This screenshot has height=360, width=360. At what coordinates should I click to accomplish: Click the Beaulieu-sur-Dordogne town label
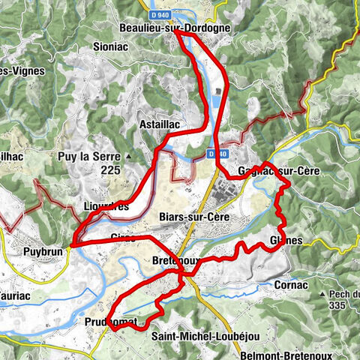(174, 28)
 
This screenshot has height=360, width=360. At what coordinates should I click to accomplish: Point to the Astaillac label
(161, 123)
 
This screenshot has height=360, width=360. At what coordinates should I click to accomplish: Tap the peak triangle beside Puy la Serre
(130, 156)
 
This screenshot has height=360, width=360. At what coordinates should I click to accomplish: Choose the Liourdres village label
(107, 205)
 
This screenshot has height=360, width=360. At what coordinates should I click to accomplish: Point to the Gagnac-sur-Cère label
(277, 171)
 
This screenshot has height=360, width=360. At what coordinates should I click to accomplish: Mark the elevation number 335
(340, 306)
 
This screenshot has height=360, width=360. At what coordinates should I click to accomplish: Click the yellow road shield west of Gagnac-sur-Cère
(217, 154)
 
